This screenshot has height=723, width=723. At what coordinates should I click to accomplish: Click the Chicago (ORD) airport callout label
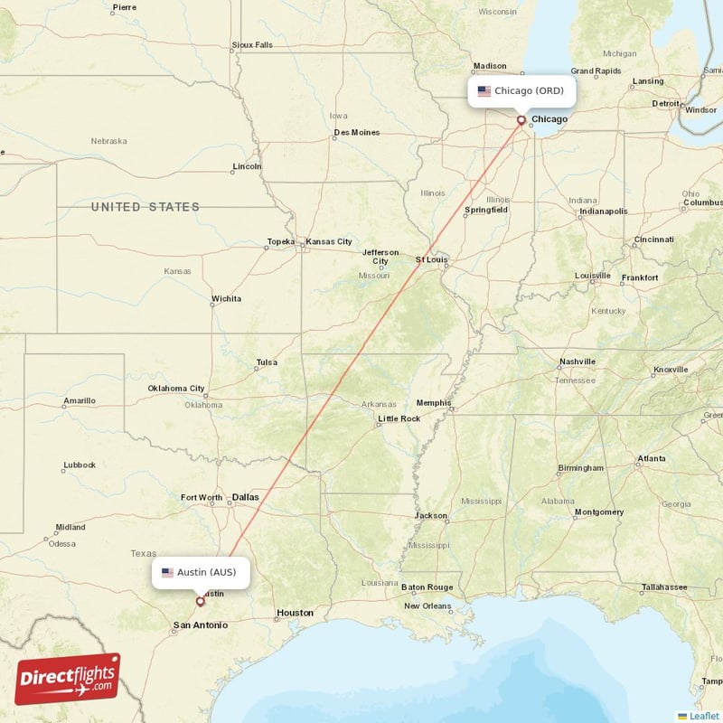click(x=521, y=91)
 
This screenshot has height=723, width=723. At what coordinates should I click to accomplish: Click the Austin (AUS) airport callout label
click(x=200, y=572)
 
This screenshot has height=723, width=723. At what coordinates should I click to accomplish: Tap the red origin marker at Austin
click(x=201, y=600)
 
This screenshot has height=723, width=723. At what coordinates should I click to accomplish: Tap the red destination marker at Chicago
click(x=521, y=119)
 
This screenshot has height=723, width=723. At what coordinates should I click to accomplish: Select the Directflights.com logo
click(x=68, y=679)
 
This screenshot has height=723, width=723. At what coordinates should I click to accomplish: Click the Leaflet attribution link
click(x=704, y=716)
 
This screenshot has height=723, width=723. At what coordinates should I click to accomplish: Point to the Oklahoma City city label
click(x=176, y=389)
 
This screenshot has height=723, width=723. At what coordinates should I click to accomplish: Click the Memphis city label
click(x=434, y=402)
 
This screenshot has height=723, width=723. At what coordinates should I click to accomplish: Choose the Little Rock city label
click(x=399, y=418)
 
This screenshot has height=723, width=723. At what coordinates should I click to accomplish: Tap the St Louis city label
click(x=432, y=259)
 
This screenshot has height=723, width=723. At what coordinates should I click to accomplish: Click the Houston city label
click(x=295, y=613)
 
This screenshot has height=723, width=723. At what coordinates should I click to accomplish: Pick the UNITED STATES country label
click(x=145, y=207)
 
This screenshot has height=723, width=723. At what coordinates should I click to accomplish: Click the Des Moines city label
click(x=356, y=133)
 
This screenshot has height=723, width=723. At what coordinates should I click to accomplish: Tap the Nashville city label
click(x=577, y=361)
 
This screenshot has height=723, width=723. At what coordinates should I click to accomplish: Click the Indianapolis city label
click(x=604, y=211)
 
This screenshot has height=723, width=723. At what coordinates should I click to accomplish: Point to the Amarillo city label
click(x=79, y=400)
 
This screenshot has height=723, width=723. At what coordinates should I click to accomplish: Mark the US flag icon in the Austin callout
click(x=167, y=572)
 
